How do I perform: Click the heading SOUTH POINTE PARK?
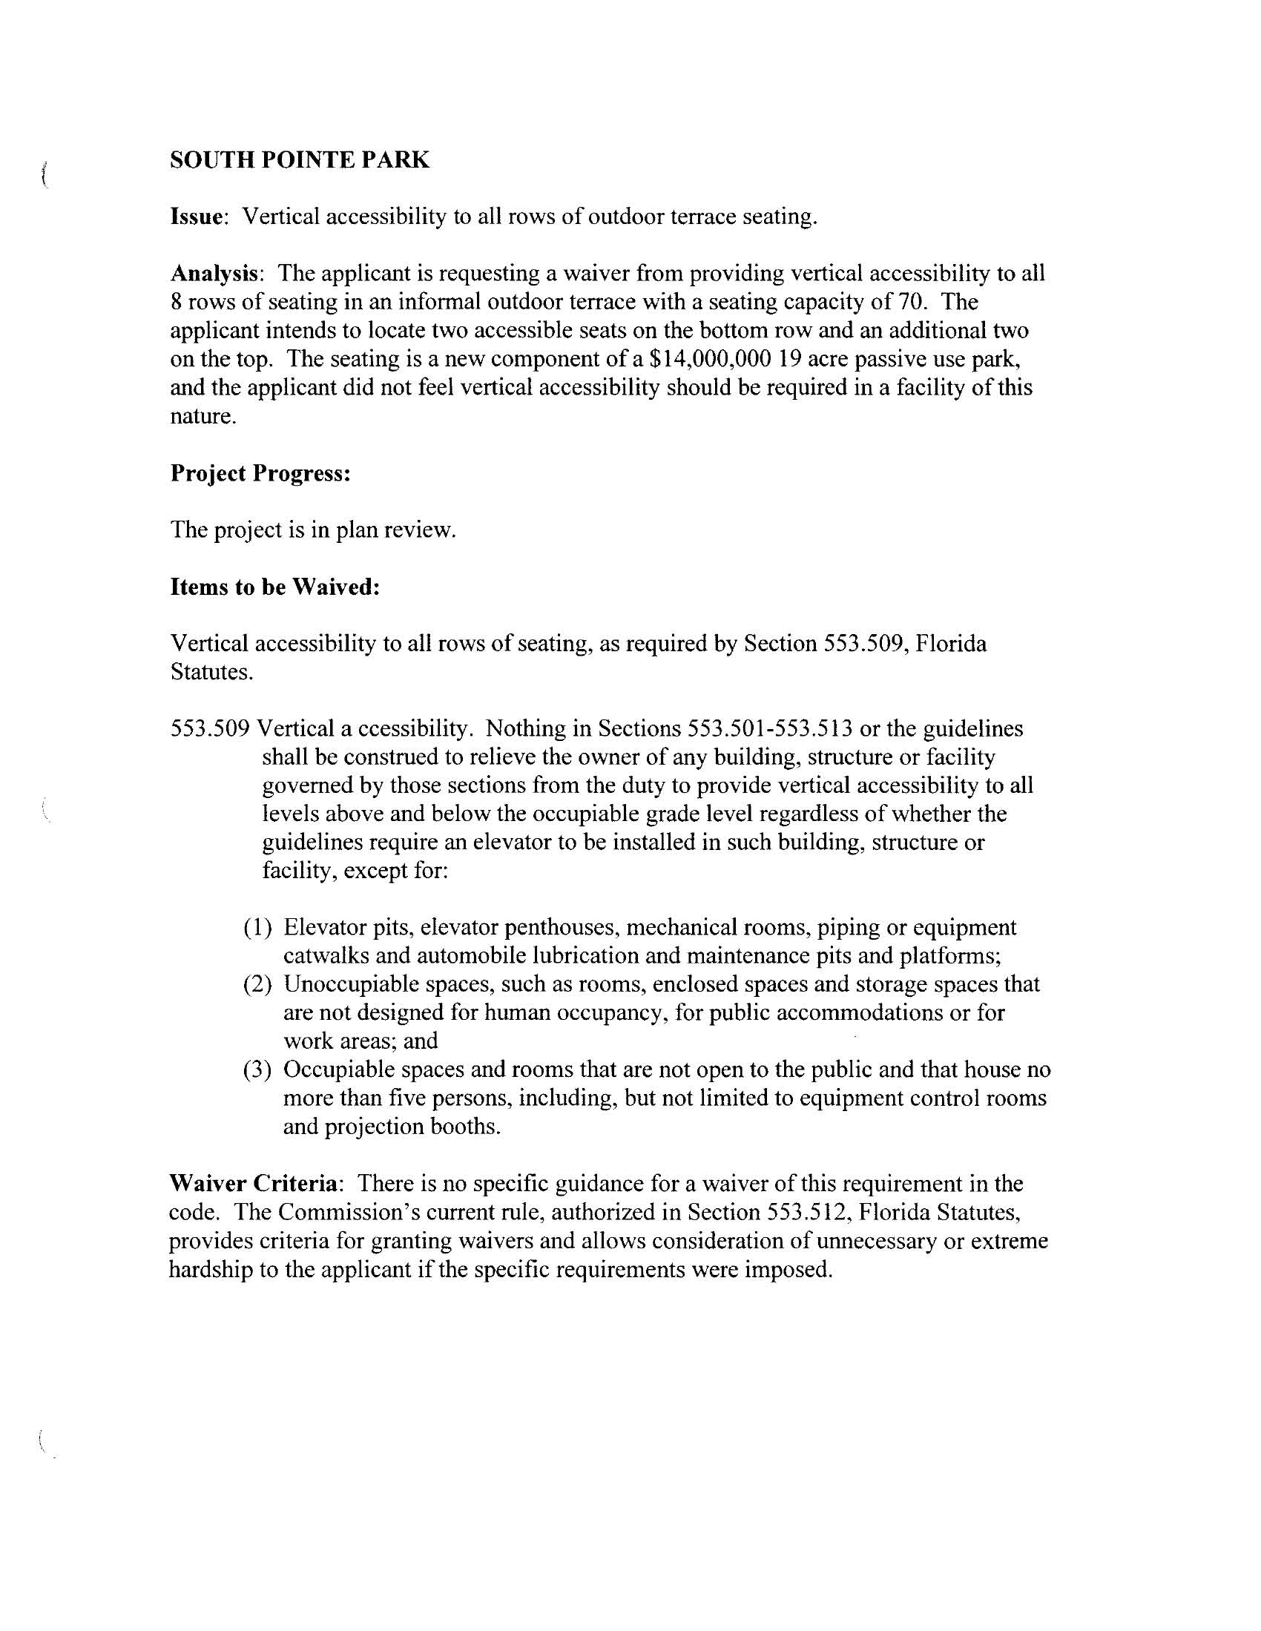point(300,159)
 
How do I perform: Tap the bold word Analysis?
point(214,274)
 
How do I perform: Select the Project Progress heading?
point(260,472)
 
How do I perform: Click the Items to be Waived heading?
point(275,587)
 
